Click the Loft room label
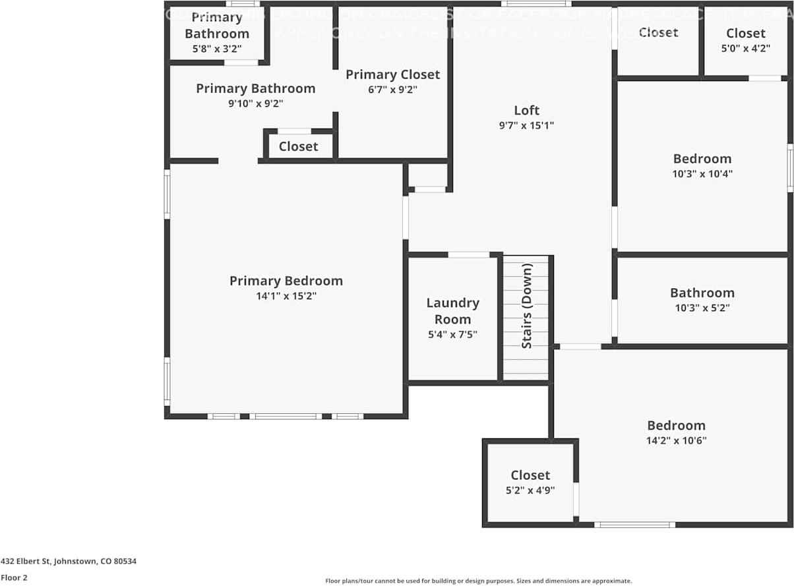[x=526, y=110]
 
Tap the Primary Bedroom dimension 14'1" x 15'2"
[x=286, y=297]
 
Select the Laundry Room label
[x=452, y=311]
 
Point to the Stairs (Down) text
[x=527, y=306]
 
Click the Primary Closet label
[x=392, y=74]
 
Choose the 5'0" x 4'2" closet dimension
[x=746, y=48]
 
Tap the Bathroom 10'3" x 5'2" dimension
[x=702, y=308]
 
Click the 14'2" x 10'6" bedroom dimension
[x=676, y=440]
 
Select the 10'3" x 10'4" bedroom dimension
[x=702, y=173]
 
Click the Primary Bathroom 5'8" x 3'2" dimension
[x=217, y=48]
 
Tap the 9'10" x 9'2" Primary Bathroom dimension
[x=256, y=103]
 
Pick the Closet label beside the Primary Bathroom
[x=298, y=146]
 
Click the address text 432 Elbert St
[x=69, y=562]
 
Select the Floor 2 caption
[x=14, y=577]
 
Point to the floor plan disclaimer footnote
[x=479, y=581]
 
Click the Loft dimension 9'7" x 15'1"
[x=526, y=125]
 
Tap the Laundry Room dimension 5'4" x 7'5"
[x=452, y=334]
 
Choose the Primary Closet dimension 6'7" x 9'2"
[x=392, y=90]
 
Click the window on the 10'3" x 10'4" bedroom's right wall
[x=790, y=168]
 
